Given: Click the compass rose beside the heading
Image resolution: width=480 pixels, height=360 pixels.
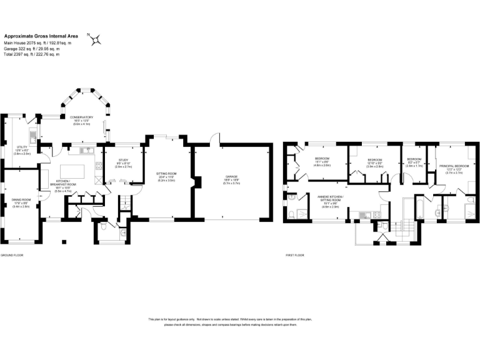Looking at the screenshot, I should pos(96,40).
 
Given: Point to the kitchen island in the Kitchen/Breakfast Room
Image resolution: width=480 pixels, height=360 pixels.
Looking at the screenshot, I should pos(74,169).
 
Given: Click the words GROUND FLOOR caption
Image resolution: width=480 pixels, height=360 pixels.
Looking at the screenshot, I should pos(11,256).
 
